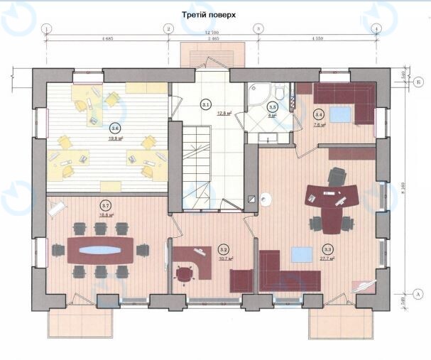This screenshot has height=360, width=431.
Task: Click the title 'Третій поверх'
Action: [x=214, y=13]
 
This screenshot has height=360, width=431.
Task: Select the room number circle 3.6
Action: [x=115, y=129]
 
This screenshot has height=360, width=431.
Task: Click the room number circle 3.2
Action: [x=223, y=249]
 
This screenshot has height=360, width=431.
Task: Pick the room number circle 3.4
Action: [x=319, y=114]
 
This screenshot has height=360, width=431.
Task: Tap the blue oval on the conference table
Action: [x=99, y=250]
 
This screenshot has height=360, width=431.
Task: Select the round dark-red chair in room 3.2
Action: [x=186, y=274]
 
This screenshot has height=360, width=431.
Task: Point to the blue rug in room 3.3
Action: [x=303, y=254]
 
